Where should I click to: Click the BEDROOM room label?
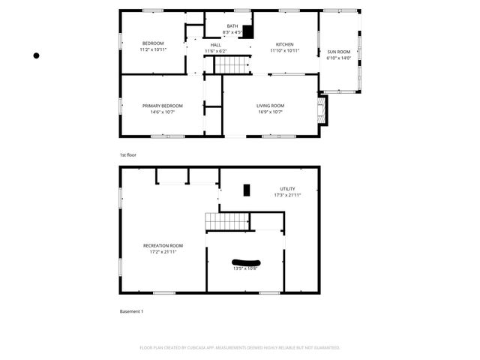click(x=153, y=43)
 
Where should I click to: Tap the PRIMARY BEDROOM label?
click(x=162, y=106)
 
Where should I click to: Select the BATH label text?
click(x=232, y=26)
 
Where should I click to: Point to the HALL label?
click(x=215, y=45)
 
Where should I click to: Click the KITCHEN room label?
click(x=284, y=44)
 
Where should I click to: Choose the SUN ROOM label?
click(x=338, y=52)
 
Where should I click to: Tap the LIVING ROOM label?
click(x=271, y=106)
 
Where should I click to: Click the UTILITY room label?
click(x=287, y=189)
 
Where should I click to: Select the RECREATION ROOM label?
click(x=163, y=245)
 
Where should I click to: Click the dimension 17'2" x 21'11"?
click(x=163, y=252)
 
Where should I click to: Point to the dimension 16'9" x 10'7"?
click(x=271, y=112)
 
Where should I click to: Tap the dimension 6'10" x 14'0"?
click(x=338, y=58)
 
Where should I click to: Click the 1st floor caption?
click(x=128, y=154)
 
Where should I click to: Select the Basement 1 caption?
click(x=131, y=311)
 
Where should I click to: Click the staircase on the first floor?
click(x=231, y=64)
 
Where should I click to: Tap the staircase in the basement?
click(x=227, y=222)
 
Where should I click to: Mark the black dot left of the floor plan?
click(x=36, y=55)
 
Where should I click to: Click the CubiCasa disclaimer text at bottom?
click(x=240, y=348)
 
